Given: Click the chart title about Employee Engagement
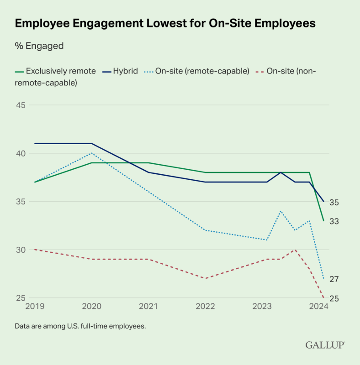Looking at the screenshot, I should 165,24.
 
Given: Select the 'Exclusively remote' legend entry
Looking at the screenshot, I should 56,71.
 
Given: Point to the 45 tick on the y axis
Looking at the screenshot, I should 21,105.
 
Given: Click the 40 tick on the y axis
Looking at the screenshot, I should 21,153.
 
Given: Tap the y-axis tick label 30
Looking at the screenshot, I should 21,250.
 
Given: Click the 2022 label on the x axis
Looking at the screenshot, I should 206,307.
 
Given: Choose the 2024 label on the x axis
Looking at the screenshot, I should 319,307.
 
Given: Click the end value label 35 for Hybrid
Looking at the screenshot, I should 335,202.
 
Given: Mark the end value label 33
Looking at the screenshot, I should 335,221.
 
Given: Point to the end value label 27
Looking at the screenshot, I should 335,279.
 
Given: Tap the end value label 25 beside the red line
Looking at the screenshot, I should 335,298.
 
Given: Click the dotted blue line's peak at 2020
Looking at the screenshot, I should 92,153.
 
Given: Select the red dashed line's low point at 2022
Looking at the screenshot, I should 206,278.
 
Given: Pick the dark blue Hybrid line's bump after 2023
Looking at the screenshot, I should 281,172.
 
